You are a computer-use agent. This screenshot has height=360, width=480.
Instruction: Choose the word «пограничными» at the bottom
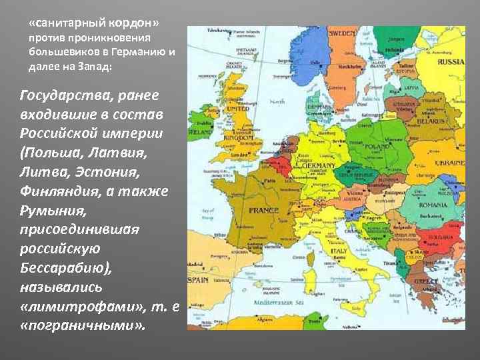click(x=81, y=328)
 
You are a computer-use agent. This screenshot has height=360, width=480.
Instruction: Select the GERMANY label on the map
click(x=317, y=165)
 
